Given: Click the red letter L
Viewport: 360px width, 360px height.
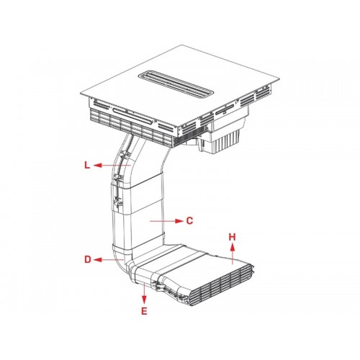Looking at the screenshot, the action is [x=87, y=165].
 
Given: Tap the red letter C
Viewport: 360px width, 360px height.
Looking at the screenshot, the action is [x=189, y=221].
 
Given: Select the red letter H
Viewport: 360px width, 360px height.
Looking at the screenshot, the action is [x=232, y=237].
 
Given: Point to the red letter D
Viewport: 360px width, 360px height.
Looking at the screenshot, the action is [x=88, y=259].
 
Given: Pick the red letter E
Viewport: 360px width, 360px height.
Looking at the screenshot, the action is [x=144, y=311].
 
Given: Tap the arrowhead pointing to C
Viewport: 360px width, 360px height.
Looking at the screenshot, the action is [x=179, y=221].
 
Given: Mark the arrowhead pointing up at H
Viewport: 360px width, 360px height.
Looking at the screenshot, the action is [x=233, y=246].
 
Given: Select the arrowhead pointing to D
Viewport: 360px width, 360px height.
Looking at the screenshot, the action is [x=97, y=260].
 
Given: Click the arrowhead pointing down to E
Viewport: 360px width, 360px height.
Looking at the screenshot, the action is [x=144, y=300].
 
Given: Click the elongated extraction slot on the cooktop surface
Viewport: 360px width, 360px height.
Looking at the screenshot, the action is [x=176, y=85].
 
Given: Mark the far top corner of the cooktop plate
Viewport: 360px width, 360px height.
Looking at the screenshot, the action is [x=181, y=45].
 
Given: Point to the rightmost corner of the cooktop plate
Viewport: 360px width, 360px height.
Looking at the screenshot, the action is [x=279, y=78].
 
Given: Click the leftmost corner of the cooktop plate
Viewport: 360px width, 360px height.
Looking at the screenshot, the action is [x=81, y=94].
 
